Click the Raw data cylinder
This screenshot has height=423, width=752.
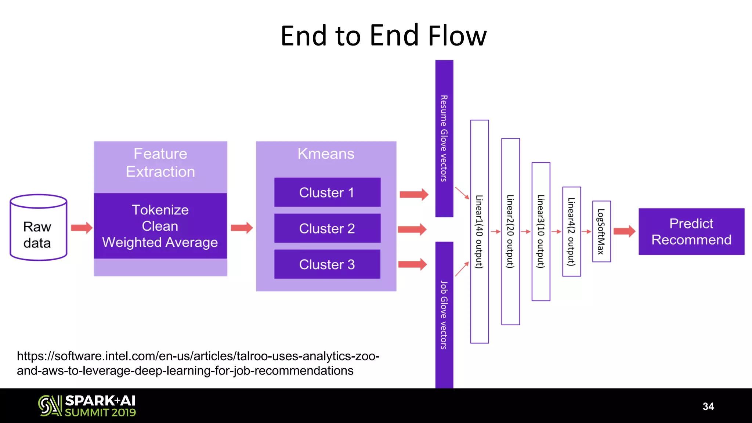[x=38, y=228]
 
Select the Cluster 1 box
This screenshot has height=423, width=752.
[x=327, y=192]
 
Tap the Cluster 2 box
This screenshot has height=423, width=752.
[x=327, y=228]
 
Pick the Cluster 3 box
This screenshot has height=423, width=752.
[x=327, y=264]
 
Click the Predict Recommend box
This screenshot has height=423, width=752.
[x=691, y=232]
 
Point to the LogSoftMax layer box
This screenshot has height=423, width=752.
[x=601, y=231]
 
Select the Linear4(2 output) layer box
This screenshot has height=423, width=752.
[x=571, y=231]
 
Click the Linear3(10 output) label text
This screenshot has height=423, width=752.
[x=540, y=231]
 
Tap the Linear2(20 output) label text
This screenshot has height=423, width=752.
[x=510, y=231]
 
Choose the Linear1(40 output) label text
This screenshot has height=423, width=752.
[x=479, y=231]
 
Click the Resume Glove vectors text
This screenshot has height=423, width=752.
[x=444, y=138]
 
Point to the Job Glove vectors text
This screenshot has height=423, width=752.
[x=444, y=315]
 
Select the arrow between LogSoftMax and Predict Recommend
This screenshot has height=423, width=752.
[x=624, y=231]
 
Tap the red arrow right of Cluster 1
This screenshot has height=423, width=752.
[x=414, y=194]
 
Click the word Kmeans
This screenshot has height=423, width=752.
[x=326, y=153]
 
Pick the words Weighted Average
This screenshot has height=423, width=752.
[x=160, y=242]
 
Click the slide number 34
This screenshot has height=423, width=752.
[x=708, y=406]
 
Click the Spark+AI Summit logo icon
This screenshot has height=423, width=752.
[x=50, y=406]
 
